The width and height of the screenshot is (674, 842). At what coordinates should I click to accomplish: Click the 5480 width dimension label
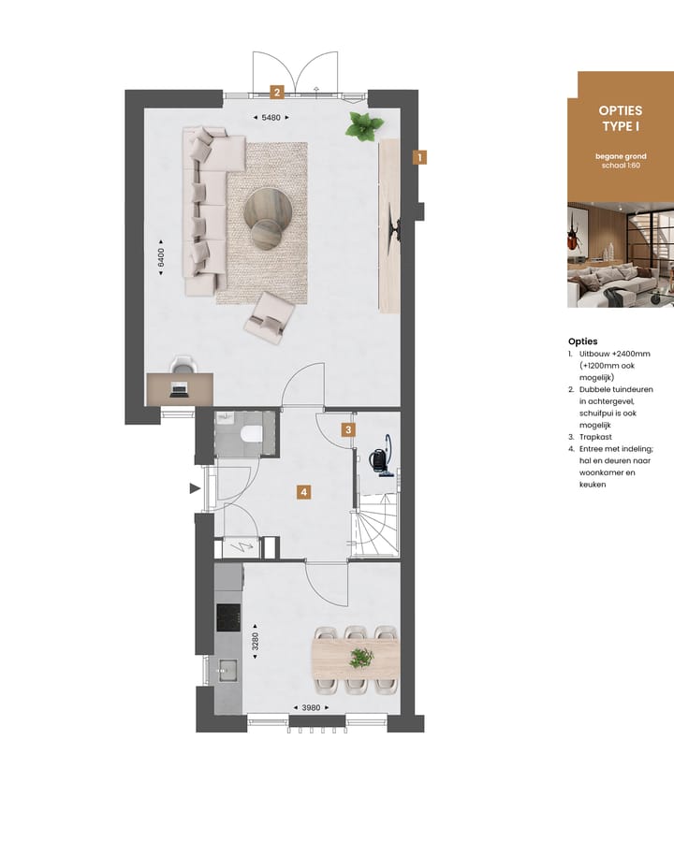[x=271, y=117]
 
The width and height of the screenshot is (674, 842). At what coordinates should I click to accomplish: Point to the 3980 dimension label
[x=310, y=707]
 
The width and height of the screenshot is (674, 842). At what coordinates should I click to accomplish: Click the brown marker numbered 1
[x=420, y=157]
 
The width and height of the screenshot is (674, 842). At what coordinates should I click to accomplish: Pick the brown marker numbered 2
[x=276, y=92]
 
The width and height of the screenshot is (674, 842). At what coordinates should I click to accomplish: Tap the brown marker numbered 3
[x=348, y=430]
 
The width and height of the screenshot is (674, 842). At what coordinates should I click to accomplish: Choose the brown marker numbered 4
[x=303, y=491]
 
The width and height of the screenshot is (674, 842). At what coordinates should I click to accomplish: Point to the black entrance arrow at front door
[x=195, y=487]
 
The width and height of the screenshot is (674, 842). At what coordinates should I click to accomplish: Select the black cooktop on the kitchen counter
[x=228, y=617]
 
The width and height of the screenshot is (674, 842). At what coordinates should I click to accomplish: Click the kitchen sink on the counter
[x=227, y=668]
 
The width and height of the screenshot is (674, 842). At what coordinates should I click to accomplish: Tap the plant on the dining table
[x=360, y=659]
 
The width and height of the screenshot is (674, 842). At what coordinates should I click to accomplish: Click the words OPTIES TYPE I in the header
[x=620, y=118]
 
